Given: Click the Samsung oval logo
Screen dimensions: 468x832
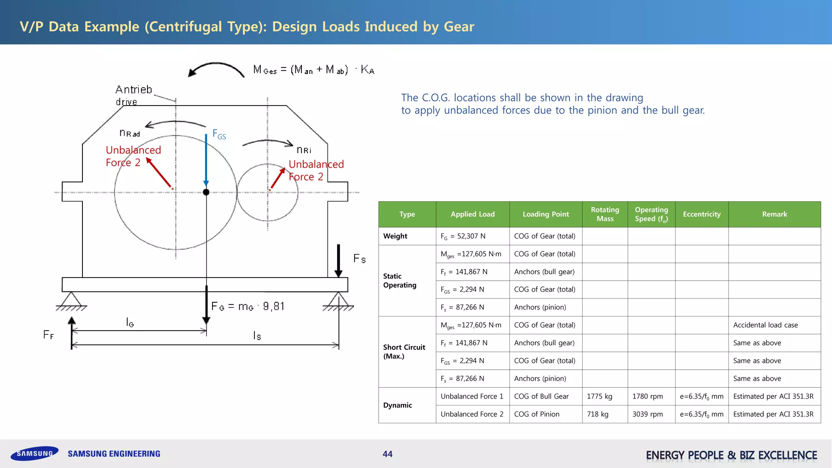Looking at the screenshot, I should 35,453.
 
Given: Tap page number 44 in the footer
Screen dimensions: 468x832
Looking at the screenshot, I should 388,454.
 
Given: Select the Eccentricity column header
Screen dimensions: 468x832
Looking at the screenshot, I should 702,214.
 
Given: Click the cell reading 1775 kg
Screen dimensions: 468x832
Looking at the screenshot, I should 599,396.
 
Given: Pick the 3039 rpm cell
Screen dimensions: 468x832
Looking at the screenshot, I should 648,414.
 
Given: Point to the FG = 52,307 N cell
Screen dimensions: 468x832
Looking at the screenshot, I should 463,236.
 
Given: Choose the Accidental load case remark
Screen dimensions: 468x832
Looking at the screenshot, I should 765,325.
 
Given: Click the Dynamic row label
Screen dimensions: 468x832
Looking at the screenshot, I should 397,405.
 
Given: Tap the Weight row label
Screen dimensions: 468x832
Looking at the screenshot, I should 395,236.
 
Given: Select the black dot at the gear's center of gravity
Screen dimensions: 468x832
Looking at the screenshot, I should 206,192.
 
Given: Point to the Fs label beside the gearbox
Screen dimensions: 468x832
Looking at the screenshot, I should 360,258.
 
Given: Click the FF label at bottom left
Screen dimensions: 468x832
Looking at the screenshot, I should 48,335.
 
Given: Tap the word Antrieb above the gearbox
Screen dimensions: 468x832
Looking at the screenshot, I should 134,89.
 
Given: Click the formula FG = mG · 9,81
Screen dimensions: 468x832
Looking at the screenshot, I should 248,306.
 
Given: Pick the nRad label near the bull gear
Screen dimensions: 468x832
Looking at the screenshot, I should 130,133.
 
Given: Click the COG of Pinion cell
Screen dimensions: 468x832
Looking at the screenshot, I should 537,414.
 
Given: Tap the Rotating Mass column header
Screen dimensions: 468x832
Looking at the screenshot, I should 605,214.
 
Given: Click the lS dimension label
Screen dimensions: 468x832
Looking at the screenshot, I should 257,336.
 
